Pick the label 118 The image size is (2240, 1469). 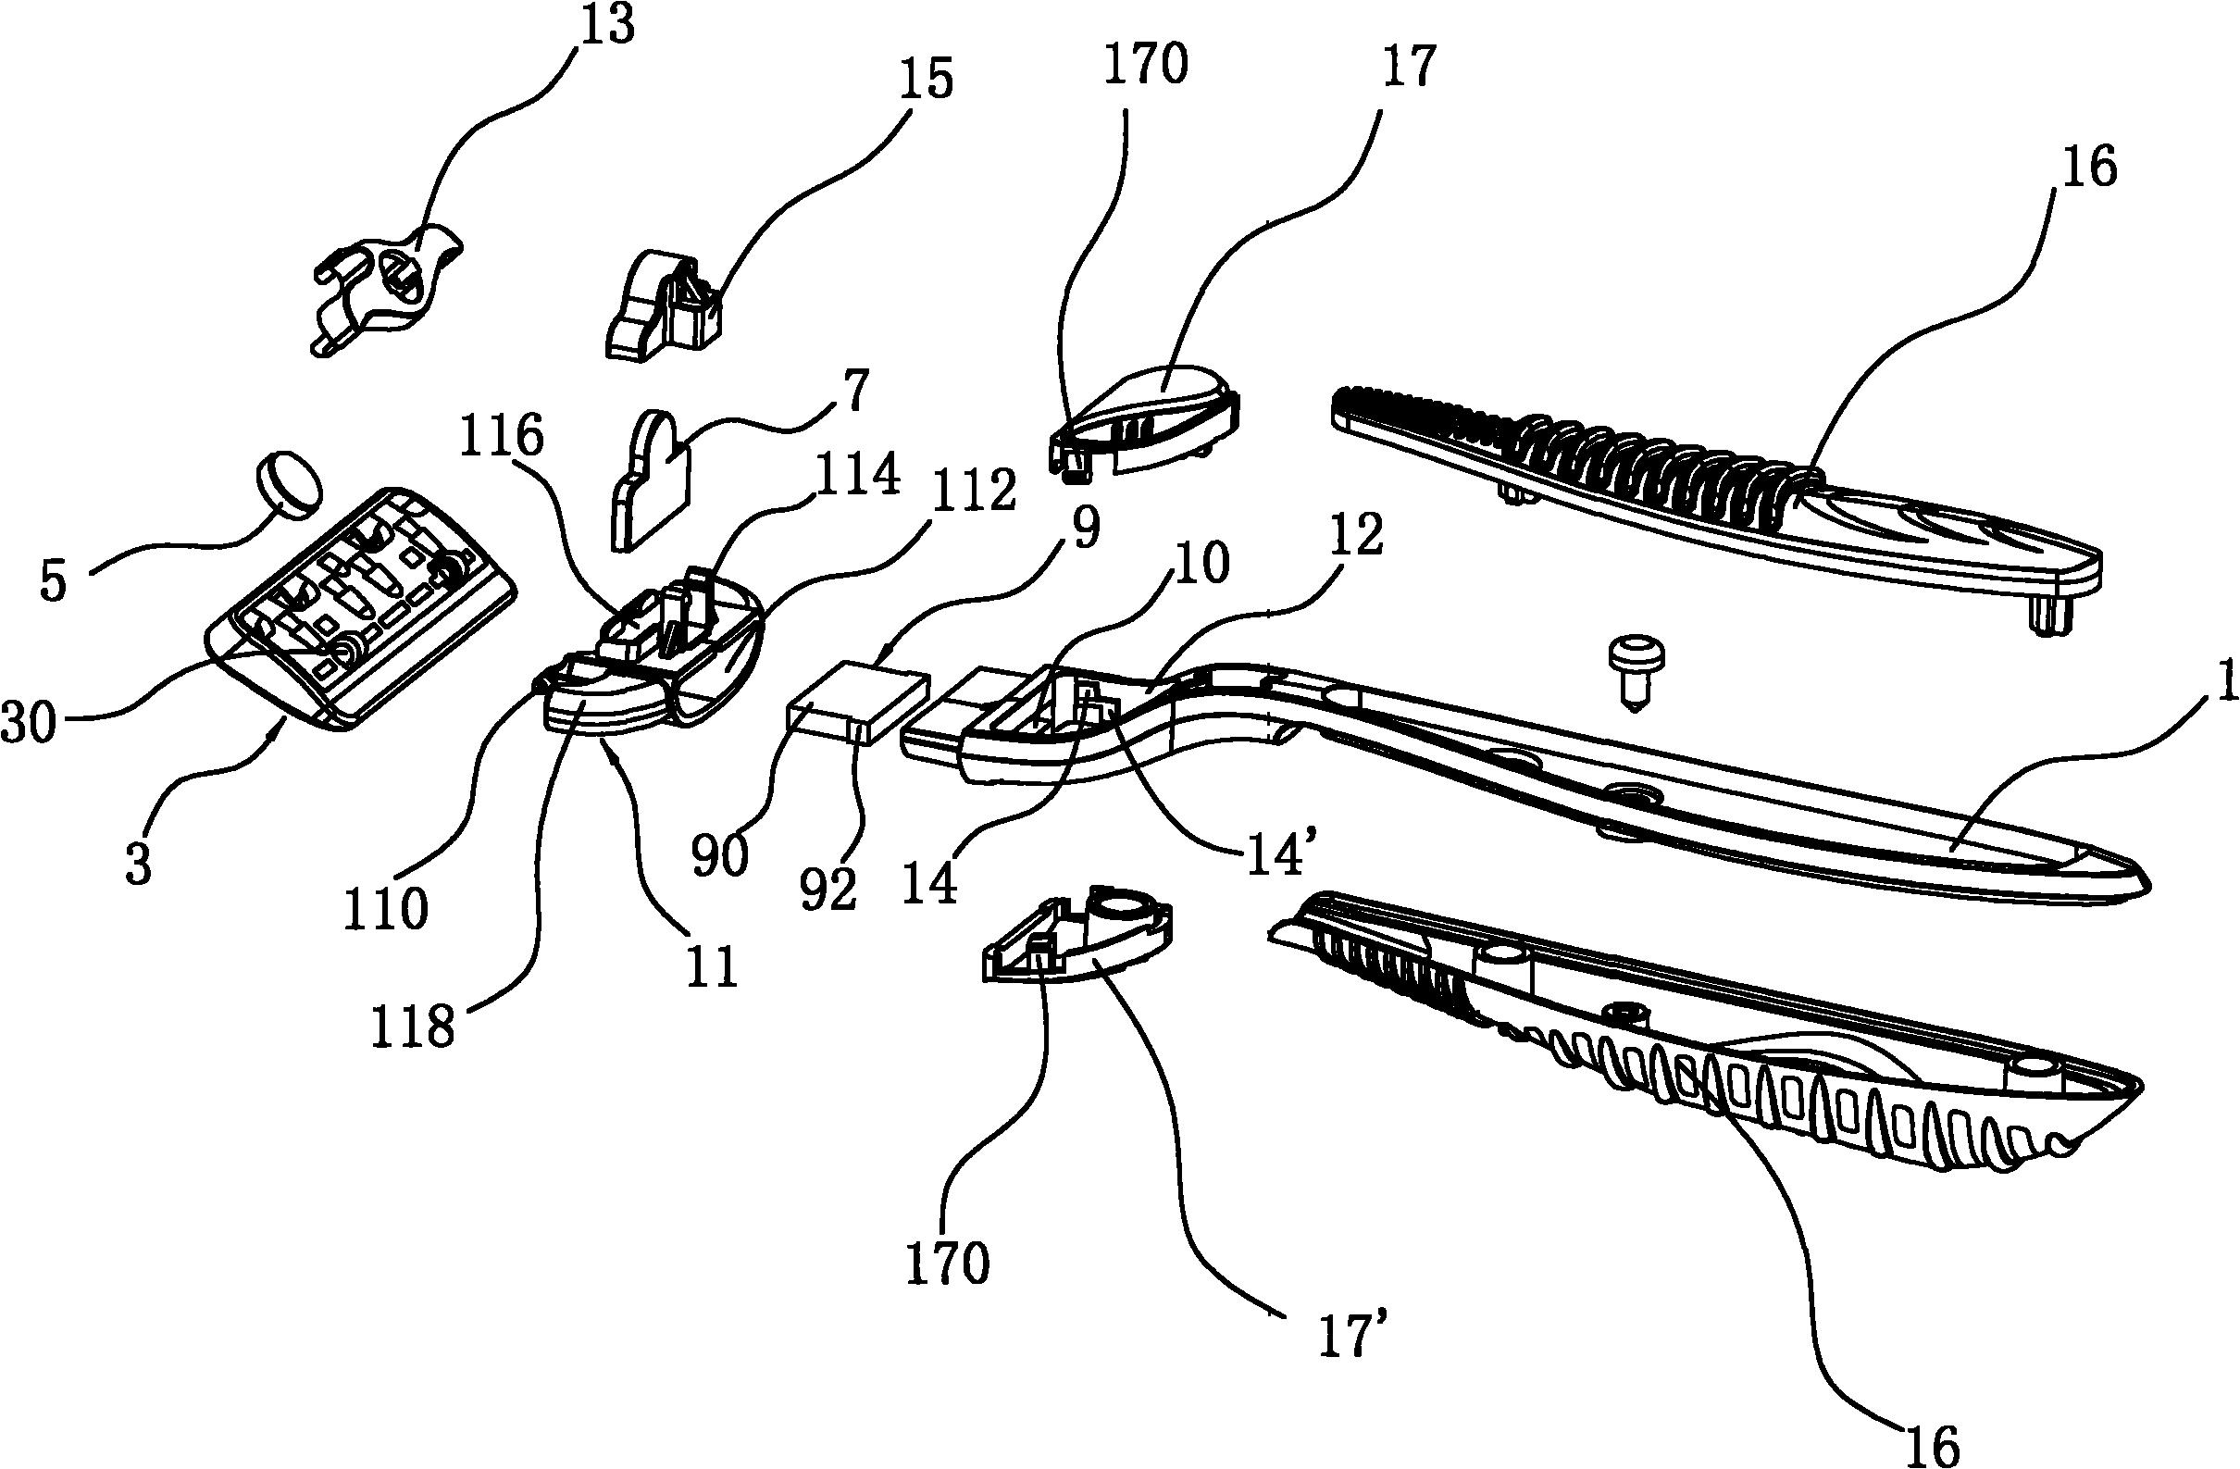coord(412,1028)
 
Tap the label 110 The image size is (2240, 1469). coord(386,909)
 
